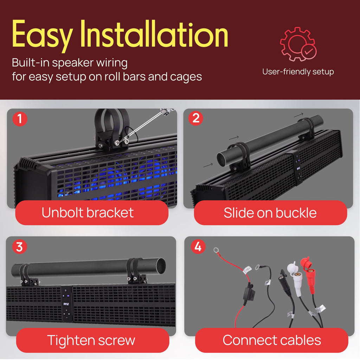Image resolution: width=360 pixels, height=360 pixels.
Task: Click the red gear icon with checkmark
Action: click(298, 44)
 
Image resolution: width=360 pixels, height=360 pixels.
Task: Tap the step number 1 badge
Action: click(20, 119)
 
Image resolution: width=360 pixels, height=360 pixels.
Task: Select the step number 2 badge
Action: click(195, 118)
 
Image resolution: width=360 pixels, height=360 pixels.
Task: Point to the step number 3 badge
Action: click(20, 247)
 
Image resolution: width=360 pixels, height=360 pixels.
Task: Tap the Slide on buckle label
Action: click(270, 213)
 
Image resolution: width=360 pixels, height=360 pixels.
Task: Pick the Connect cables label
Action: click(272, 340)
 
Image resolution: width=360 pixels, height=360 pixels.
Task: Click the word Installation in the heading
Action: click(154, 34)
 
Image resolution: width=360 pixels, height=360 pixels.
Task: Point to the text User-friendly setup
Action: click(298, 72)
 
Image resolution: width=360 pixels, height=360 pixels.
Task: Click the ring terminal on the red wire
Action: click(216, 250)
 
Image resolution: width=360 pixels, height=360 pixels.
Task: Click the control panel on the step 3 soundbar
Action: click(66, 303)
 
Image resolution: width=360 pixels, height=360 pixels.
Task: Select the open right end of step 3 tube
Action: click(161, 265)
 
